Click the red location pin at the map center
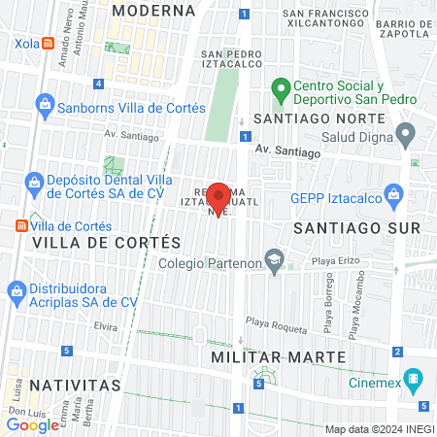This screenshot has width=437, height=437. tap(218, 196)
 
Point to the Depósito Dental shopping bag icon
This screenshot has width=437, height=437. tap(34, 182)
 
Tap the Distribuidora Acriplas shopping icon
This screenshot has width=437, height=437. tap(17, 289)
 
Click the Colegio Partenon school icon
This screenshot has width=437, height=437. tap(276, 259)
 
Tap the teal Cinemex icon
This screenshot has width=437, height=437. tap(415, 378)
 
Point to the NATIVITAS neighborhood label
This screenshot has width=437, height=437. tap(75, 386)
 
